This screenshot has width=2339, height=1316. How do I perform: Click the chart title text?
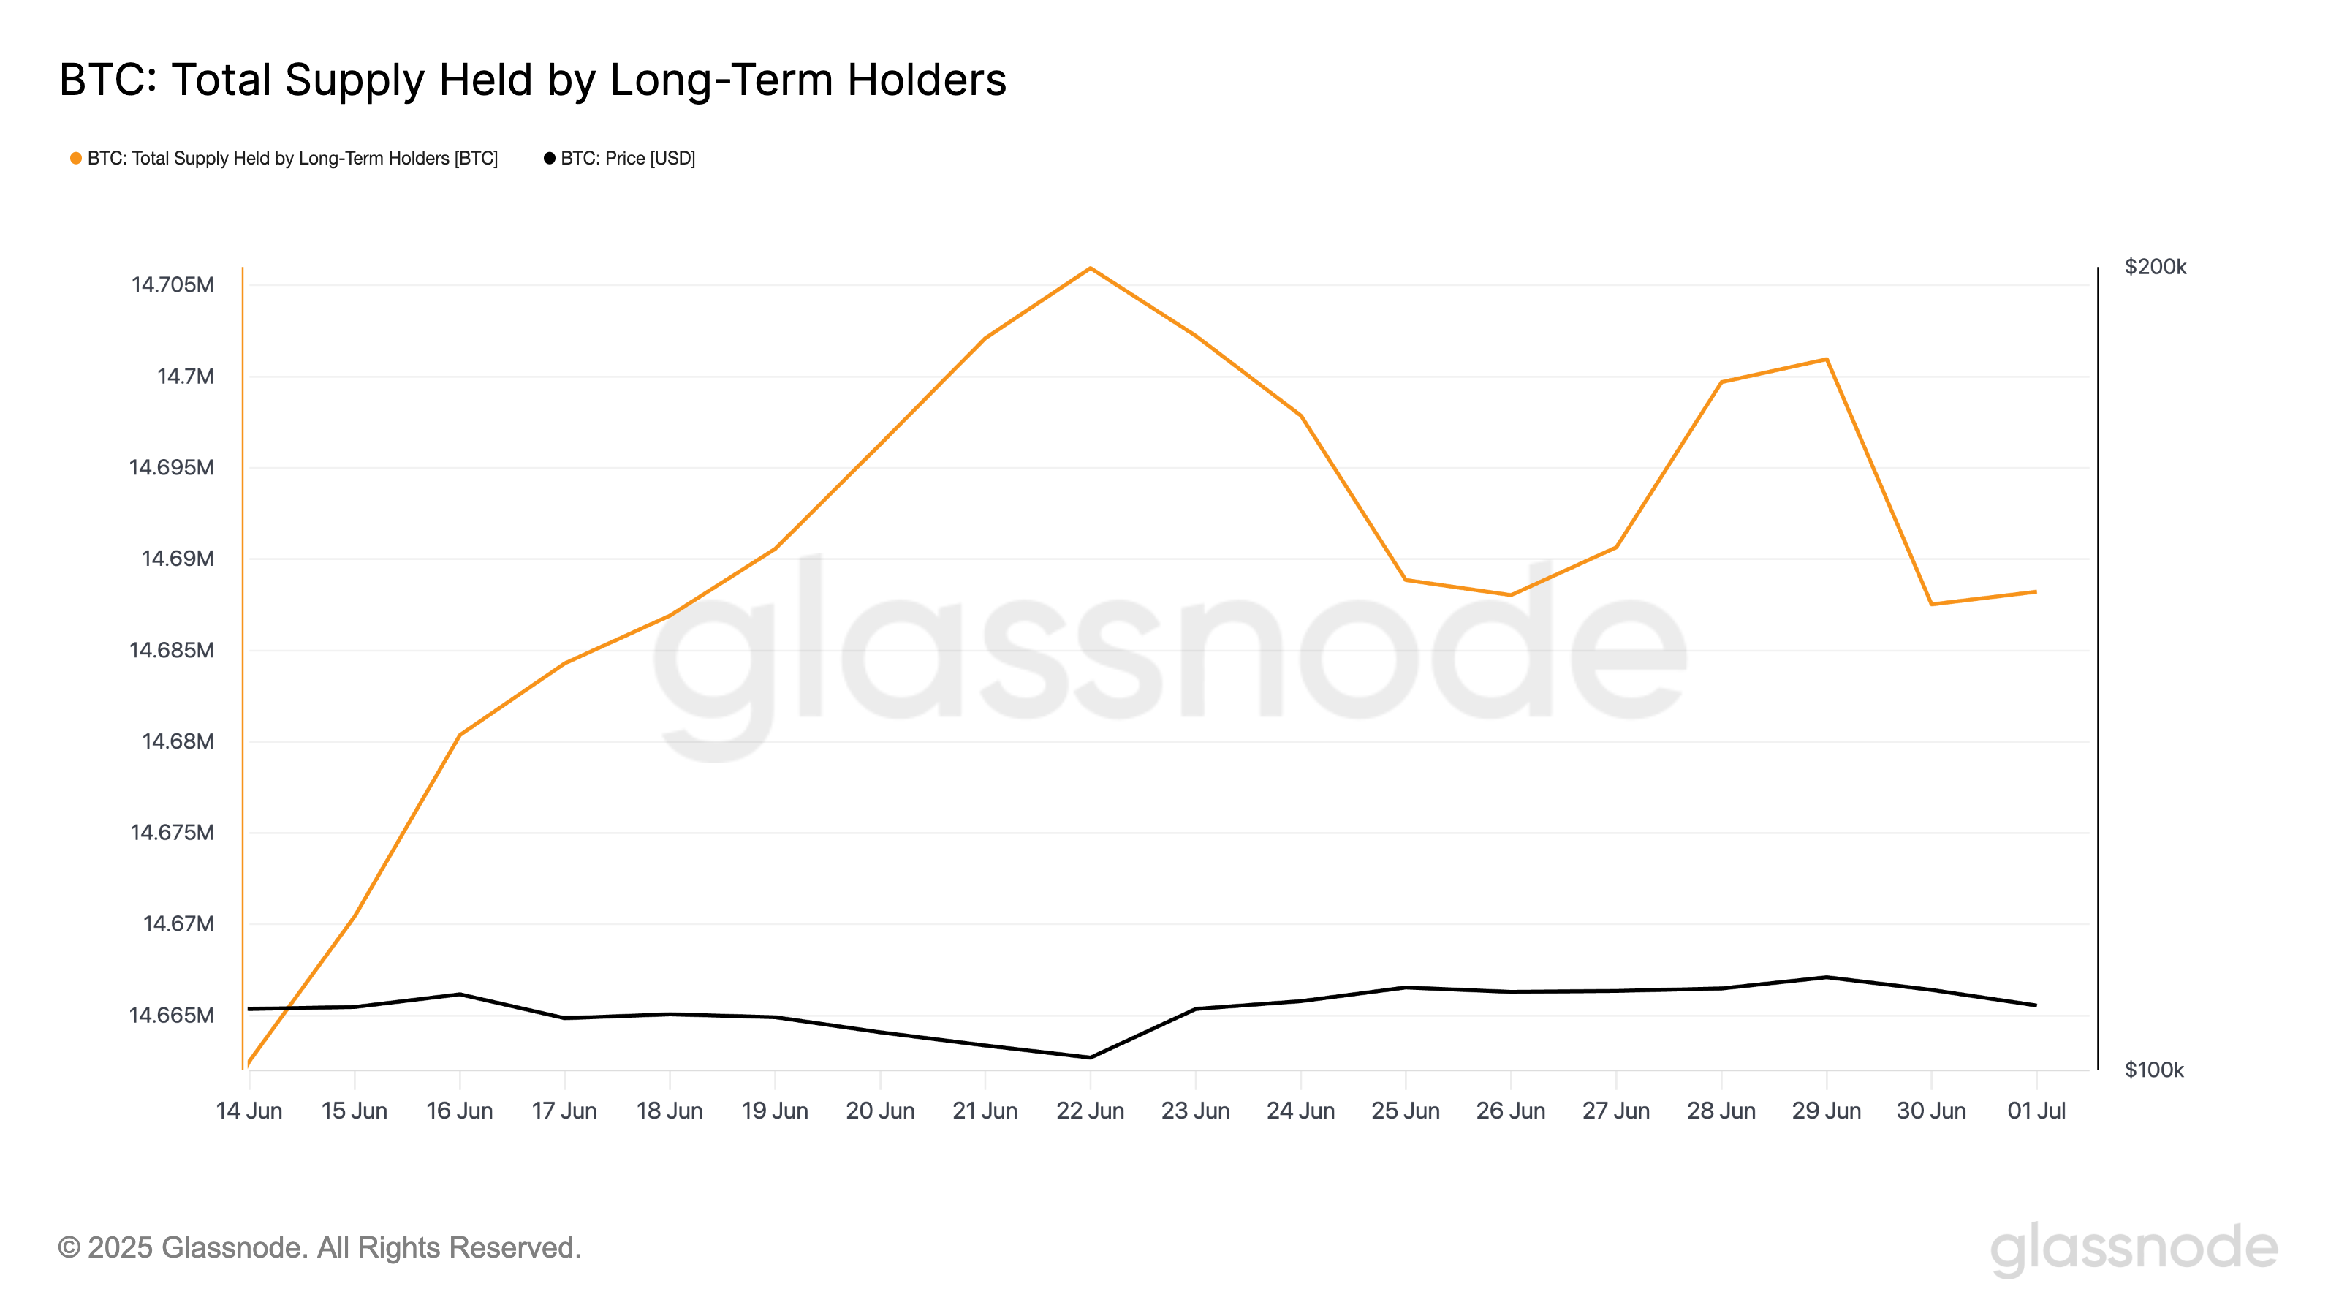pyautogui.click(x=532, y=80)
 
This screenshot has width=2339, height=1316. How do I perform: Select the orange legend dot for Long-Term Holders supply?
pyautogui.click(x=76, y=159)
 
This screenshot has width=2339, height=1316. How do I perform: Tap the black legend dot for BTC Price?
pyautogui.click(x=550, y=159)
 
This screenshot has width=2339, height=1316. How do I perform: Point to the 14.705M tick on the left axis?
pyautogui.click(x=173, y=285)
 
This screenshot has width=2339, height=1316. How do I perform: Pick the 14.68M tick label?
pyautogui.click(x=178, y=742)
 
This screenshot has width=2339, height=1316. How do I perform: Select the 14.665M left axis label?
pyautogui.click(x=172, y=1016)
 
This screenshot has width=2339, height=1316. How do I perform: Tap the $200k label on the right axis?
pyautogui.click(x=2155, y=267)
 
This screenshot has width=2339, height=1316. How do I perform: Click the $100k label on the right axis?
pyautogui.click(x=2154, y=1070)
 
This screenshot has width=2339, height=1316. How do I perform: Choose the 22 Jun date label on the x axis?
pyautogui.click(x=1090, y=1111)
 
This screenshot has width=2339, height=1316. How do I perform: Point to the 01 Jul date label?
pyautogui.click(x=2036, y=1111)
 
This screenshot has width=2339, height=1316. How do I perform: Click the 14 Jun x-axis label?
pyautogui.click(x=249, y=1111)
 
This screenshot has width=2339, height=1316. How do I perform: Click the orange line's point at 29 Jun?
pyautogui.click(x=1826, y=360)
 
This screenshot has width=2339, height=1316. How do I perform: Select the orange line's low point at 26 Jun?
pyautogui.click(x=1511, y=596)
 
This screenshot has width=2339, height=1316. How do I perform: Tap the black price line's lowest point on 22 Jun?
pyautogui.click(x=1090, y=1058)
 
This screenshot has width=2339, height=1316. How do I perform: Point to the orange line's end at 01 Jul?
pyautogui.click(x=2036, y=592)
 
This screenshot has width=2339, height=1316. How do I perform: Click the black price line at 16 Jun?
pyautogui.click(x=460, y=994)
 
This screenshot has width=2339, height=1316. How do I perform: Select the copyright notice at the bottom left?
pyautogui.click(x=319, y=1248)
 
